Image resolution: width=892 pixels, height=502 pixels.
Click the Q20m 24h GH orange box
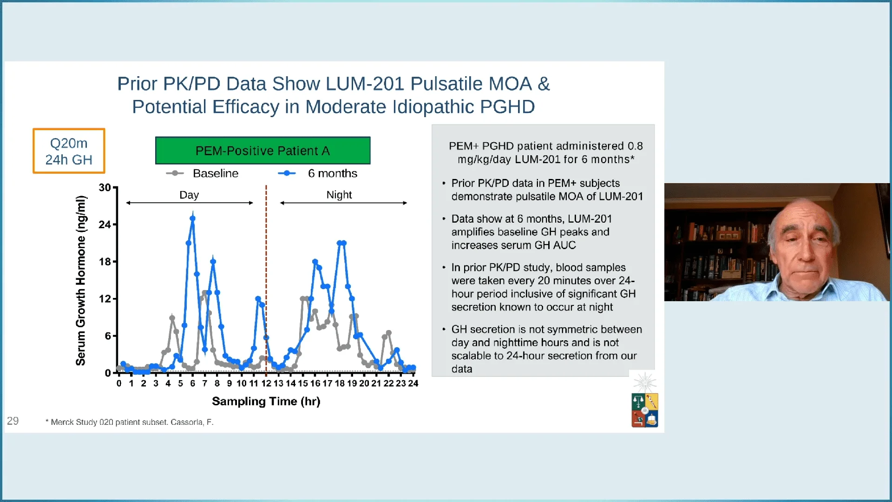coord(69,151)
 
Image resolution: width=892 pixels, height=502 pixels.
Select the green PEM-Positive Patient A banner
coord(262,151)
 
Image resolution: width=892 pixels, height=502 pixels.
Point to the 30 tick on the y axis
coord(105,187)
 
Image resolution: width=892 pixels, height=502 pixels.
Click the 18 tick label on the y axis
coord(105,262)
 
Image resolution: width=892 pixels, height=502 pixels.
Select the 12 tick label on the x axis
coord(266,383)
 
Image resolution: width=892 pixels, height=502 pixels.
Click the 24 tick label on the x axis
coord(413,383)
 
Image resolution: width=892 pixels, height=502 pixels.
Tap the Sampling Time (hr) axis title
coord(266,401)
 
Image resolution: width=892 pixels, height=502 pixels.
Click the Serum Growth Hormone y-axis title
coord(81,280)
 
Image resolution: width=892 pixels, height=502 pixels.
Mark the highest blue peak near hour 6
coord(192,218)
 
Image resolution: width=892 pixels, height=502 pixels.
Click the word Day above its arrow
coord(189,195)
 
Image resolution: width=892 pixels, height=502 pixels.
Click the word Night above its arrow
coord(339,195)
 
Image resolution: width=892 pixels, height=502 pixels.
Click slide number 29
coord(13,421)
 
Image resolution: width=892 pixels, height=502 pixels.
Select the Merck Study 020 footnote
coord(129,422)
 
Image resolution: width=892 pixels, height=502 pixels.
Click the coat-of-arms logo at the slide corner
coord(644,410)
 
